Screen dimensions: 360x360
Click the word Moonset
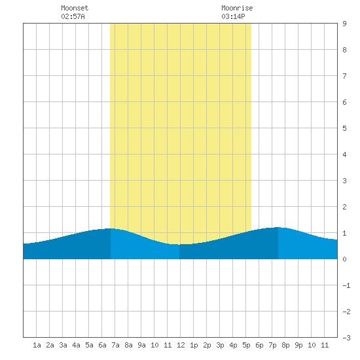coord(75,8)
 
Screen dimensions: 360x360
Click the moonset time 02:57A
coord(73,16)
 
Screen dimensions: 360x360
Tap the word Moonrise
coord(237,8)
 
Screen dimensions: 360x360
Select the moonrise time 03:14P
coord(233,16)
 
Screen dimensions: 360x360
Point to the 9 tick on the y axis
coord(344,24)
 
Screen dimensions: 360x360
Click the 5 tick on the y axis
coord(344,128)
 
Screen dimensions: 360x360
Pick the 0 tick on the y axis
coord(344,259)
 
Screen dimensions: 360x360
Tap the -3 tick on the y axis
coord(346,338)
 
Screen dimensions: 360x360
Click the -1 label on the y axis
coord(346,285)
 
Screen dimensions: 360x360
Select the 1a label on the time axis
coord(37,345)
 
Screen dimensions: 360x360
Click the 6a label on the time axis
coord(102,345)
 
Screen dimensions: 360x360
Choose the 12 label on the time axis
coord(181,345)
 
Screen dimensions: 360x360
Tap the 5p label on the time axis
coord(246,345)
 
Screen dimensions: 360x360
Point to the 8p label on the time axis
coord(285,345)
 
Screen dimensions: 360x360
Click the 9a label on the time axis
coord(141,345)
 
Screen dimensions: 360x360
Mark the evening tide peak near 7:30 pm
coord(278,227)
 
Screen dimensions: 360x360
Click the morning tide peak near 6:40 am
coord(111,228)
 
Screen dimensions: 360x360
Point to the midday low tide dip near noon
coord(179,245)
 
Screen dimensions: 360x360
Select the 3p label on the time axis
coord(220,345)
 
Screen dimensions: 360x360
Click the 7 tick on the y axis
coord(344,76)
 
